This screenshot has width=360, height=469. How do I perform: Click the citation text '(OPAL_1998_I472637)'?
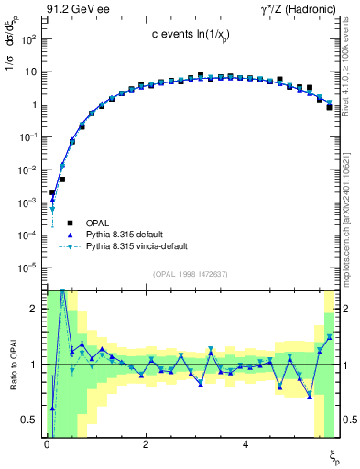click(191, 273)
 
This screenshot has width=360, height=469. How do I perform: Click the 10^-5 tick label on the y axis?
click(26, 267)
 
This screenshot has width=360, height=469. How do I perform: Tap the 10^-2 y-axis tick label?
click(26, 169)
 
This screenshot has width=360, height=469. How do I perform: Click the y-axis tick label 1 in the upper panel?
click(31, 104)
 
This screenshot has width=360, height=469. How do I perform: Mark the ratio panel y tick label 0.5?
click(27, 420)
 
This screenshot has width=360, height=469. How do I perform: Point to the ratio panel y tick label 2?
click(31, 310)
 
